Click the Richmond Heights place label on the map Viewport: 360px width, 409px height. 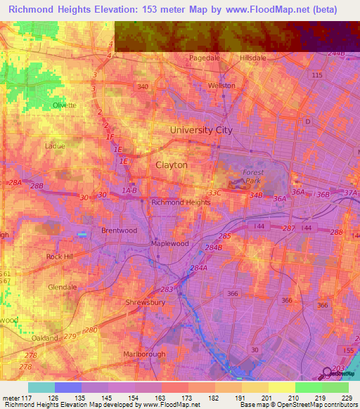pyautogui.click(x=181, y=202)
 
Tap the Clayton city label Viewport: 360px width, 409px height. pyautogui.click(x=171, y=164)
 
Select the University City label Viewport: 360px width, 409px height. pyautogui.click(x=201, y=130)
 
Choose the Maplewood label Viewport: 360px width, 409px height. pyautogui.click(x=170, y=244)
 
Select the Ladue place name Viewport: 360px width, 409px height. pyautogui.click(x=54, y=146)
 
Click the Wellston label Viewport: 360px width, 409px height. pyautogui.click(x=221, y=85)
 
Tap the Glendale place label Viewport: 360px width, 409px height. pyautogui.click(x=62, y=287)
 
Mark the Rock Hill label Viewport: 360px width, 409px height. pyautogui.click(x=60, y=257)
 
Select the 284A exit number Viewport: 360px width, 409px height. pyautogui.click(x=199, y=267)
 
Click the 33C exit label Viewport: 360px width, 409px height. pyautogui.click(x=214, y=193)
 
